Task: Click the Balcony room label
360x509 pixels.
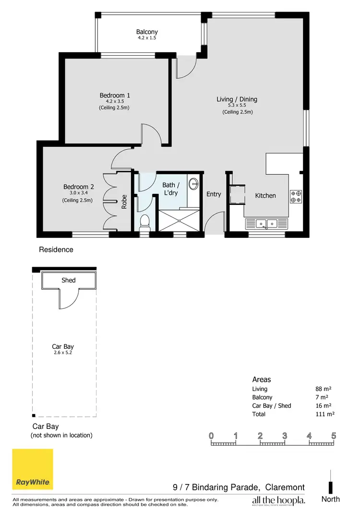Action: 147,33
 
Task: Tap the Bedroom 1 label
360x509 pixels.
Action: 115,95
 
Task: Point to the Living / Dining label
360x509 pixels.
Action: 237,99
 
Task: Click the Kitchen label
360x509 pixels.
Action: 265,195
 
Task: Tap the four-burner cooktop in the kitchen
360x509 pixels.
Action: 296,196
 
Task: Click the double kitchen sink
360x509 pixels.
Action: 266,223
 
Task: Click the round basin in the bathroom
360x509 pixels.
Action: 193,184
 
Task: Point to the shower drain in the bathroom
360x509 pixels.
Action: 180,221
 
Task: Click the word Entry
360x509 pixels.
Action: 214,194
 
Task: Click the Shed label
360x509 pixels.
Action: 69,280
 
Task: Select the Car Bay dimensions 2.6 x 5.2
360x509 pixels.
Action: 63,353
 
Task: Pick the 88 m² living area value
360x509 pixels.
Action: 324,389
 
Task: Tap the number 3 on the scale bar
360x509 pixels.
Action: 285,436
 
